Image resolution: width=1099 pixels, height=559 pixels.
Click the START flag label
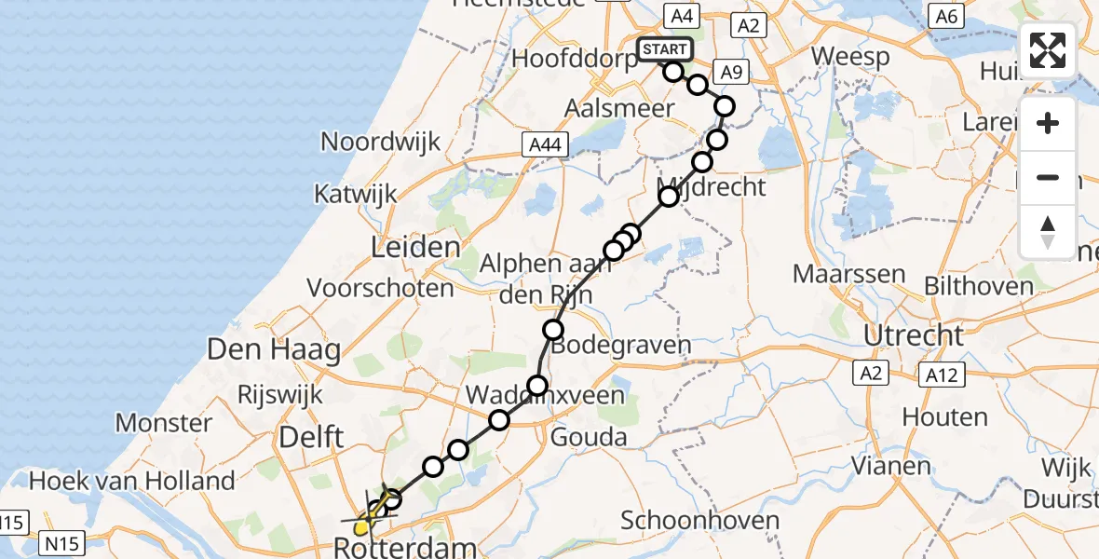[x=665, y=49]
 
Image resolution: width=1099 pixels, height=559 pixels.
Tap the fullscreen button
[x=1048, y=50]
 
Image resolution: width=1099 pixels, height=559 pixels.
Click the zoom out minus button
[x=1048, y=177]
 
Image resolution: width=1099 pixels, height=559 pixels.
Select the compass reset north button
[x=1048, y=231]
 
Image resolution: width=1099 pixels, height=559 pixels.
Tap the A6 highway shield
[x=946, y=16]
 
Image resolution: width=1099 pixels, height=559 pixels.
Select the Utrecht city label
[x=914, y=334]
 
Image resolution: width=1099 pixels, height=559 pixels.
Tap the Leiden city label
[x=415, y=248]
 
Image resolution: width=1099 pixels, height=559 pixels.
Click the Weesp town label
[x=849, y=56]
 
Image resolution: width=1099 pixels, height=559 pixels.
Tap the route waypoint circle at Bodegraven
[x=554, y=329]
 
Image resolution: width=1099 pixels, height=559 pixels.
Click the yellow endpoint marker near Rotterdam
[x=362, y=529]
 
